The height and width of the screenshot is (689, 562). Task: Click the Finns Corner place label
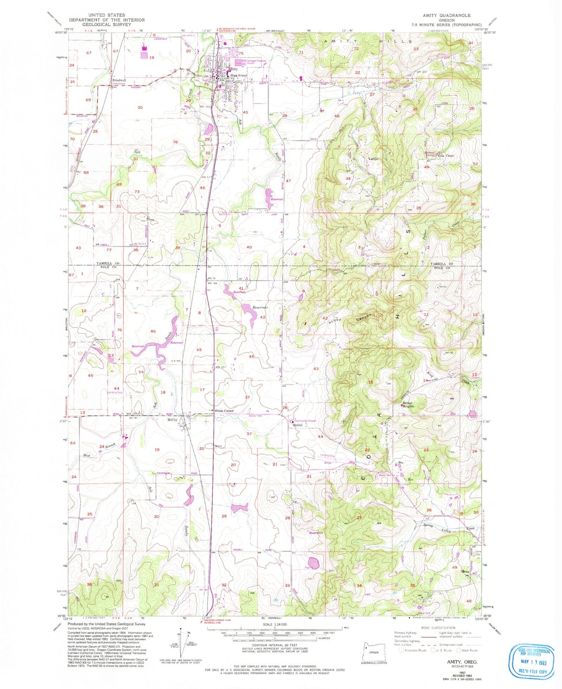click(x=223, y=411)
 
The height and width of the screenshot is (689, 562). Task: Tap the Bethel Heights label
click(x=408, y=405)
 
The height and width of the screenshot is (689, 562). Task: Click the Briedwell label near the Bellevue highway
click(x=119, y=81)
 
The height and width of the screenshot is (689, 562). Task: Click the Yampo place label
click(x=373, y=159)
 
